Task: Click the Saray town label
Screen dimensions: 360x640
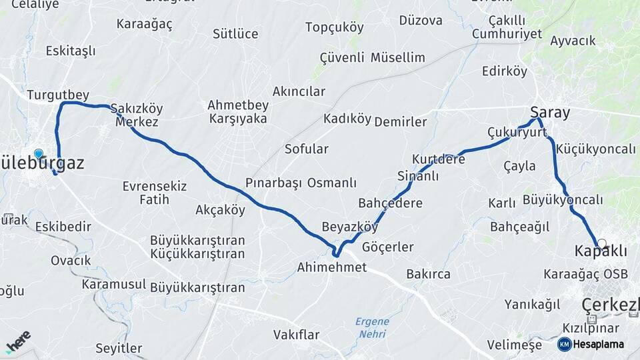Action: click(550, 112)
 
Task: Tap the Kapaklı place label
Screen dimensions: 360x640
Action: click(601, 251)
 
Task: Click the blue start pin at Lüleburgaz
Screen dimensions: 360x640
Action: click(38, 153)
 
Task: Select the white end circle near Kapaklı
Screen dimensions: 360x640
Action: click(602, 244)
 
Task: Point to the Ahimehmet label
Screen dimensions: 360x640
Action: click(332, 267)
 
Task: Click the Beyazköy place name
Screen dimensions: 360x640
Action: click(349, 226)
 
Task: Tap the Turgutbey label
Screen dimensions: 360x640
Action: click(58, 95)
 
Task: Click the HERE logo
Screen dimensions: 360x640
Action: click(18, 341)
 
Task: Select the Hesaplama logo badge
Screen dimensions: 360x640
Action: click(590, 344)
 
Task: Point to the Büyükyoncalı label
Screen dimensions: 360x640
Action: click(563, 200)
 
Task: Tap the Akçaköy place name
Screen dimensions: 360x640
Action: click(221, 210)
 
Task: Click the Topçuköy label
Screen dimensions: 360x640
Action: click(335, 27)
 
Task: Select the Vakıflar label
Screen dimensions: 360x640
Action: click(297, 334)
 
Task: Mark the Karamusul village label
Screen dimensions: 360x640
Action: click(114, 285)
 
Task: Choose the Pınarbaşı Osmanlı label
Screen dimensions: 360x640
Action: click(301, 183)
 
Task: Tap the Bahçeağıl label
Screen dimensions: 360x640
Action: click(519, 227)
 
